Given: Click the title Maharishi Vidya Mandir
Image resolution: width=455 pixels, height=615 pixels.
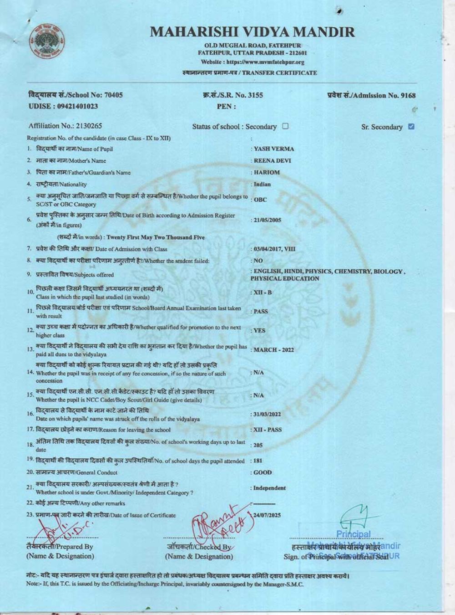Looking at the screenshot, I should click(252, 32).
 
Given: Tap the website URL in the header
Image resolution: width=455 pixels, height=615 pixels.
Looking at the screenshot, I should click(253, 62).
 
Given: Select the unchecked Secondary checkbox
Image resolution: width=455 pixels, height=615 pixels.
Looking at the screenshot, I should click(285, 126).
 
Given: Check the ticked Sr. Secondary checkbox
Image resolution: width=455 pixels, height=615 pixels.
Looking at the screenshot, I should click(411, 127).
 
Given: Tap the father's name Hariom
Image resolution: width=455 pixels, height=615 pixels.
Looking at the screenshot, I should click(267, 173).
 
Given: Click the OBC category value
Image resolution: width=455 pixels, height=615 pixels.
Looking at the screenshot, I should click(260, 200).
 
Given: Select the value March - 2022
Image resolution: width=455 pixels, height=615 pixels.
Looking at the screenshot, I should click(273, 350).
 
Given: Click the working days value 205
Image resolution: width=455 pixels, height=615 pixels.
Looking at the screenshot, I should click(258, 446).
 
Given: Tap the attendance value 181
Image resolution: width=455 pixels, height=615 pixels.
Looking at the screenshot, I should click(258, 461).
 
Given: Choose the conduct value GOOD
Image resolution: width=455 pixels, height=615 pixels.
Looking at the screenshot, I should click(263, 473).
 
